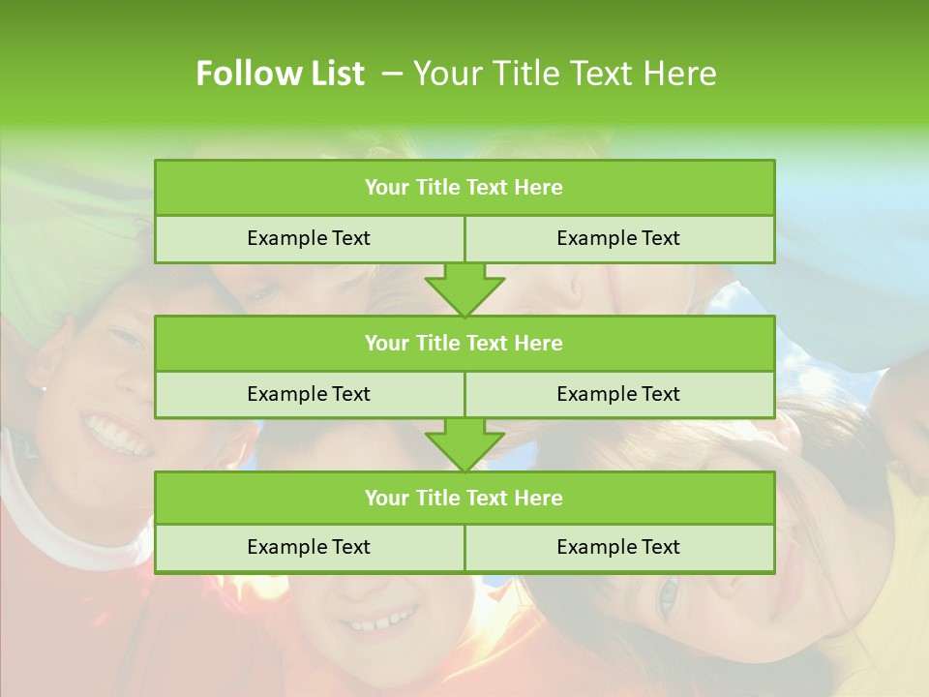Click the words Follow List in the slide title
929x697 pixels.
click(x=280, y=74)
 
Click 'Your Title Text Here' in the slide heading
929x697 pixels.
click(x=564, y=74)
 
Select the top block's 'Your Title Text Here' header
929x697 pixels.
click(x=464, y=188)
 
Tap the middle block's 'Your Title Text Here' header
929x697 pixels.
click(x=464, y=343)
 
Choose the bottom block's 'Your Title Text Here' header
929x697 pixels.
click(x=464, y=498)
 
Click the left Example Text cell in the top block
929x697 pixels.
click(x=309, y=238)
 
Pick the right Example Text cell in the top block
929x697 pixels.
click(x=618, y=238)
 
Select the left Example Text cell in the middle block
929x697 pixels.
click(x=309, y=394)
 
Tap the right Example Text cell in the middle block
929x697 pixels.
click(x=618, y=394)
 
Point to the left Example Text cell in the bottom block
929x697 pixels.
click(x=309, y=547)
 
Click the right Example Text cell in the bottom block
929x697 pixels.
click(x=618, y=547)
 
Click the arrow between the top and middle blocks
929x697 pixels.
click(x=464, y=288)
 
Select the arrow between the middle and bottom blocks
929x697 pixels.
click(x=464, y=444)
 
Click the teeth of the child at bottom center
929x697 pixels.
click(x=384, y=618)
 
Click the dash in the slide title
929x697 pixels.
click(x=392, y=74)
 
